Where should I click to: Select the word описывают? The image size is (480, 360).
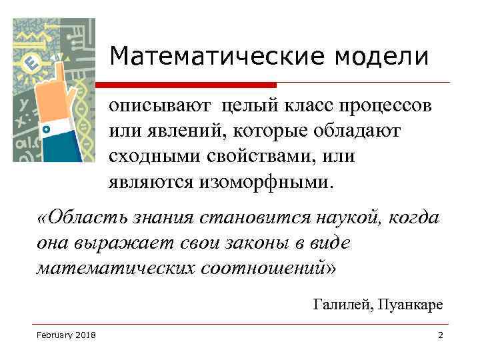160,107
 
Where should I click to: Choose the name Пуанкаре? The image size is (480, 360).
409,305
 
